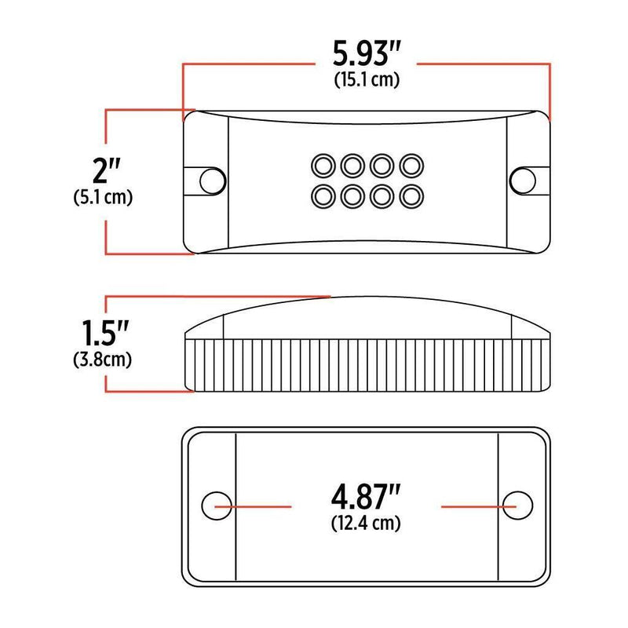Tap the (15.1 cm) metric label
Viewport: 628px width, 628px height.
pos(367,80)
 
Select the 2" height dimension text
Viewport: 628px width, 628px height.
pos(104,168)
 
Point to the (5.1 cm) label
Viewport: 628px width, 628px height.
pos(99,197)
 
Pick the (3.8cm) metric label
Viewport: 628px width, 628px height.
pos(99,360)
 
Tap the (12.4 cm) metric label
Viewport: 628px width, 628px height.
pos(367,523)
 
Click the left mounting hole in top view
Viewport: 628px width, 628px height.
pos(210,180)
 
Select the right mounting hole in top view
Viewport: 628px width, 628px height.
pos(520,180)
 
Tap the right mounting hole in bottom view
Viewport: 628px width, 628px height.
pos(517,505)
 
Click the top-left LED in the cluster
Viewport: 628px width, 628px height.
pos(322,165)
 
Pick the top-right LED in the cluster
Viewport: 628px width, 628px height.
pos(409,165)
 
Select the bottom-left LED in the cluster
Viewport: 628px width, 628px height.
pos(322,194)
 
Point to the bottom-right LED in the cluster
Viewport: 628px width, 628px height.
pos(409,194)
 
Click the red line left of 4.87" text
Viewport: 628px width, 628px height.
pos(259,506)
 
